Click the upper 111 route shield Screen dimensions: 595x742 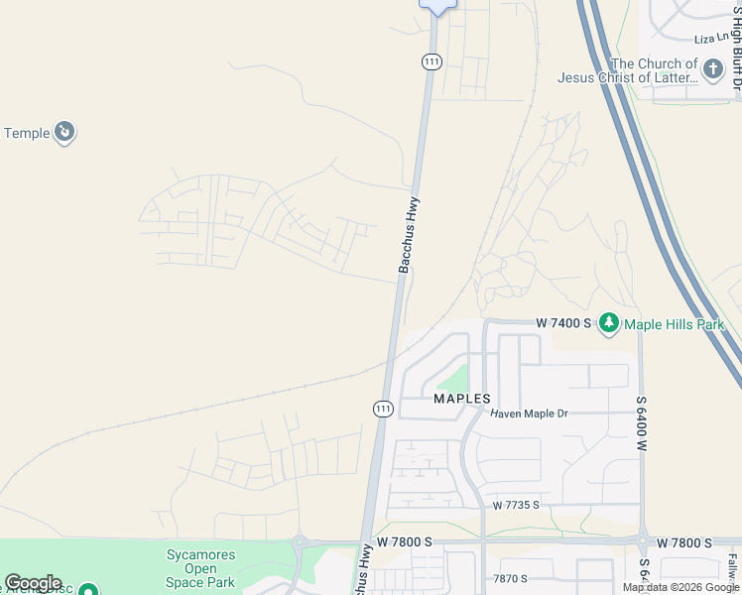click(431, 61)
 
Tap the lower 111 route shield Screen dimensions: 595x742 click(383, 409)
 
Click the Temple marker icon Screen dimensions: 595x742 click(64, 133)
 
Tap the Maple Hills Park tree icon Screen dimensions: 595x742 click(608, 323)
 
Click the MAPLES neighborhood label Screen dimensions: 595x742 click(462, 399)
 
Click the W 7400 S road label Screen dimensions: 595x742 click(562, 323)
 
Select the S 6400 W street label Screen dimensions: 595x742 click(641, 423)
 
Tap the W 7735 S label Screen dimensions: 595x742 click(515, 505)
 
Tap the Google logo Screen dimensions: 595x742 click(33, 583)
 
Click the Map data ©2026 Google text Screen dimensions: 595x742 click(681, 587)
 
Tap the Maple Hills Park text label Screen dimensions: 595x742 click(675, 324)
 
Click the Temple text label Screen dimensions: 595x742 click(27, 133)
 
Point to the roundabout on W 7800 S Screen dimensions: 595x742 click(298, 543)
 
